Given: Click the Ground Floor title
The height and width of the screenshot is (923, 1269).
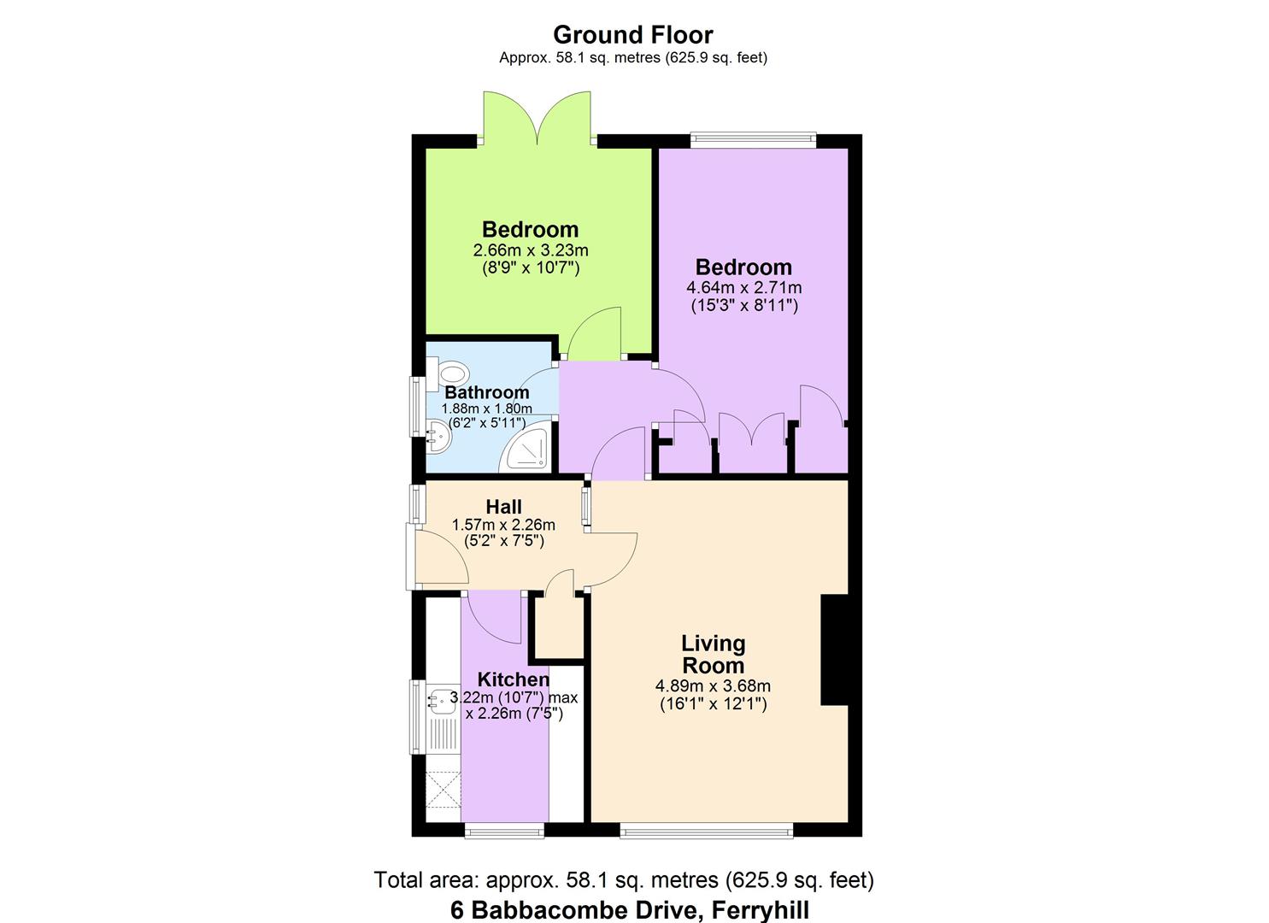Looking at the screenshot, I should [632, 35].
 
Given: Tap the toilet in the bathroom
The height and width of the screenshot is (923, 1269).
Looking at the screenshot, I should [451, 373].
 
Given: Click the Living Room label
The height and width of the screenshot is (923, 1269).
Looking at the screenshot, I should [713, 654].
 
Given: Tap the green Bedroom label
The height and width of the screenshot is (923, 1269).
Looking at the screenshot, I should [530, 229].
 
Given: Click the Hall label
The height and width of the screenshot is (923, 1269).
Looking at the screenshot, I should [503, 507].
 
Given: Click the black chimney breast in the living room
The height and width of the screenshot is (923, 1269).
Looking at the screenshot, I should [833, 650].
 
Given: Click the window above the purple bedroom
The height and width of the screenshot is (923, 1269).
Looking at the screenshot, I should [753, 138].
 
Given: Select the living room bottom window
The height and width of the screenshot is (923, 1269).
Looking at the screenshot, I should [706, 830].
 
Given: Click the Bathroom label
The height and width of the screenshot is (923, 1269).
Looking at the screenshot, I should [487, 392].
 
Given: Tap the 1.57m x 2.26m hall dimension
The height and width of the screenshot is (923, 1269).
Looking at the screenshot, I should [503, 525].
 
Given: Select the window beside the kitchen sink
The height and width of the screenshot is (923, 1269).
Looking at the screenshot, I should [415, 716].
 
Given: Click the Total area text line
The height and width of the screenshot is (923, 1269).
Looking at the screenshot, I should [624, 879].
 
